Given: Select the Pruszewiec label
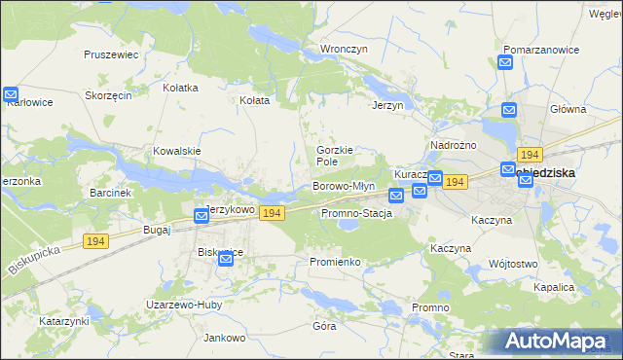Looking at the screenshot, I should point(112,55).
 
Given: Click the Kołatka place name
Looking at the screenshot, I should point(181,87).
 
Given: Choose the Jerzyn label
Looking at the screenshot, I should point(387,105).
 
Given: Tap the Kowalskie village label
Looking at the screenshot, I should point(176,151).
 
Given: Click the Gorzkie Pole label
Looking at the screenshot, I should point(334,156).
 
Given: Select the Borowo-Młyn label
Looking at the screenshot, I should point(343,186).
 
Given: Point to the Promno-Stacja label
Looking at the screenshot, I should point(356,213).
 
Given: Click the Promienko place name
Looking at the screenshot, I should point(335,262).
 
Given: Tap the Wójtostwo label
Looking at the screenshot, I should point(513,264).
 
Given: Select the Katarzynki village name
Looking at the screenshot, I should point(64,320).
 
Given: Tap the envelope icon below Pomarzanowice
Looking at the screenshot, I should point(506,63).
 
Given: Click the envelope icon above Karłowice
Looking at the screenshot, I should point(11,95).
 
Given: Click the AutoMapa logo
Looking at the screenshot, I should point(554,341).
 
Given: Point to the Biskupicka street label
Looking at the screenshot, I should point(32,263).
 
